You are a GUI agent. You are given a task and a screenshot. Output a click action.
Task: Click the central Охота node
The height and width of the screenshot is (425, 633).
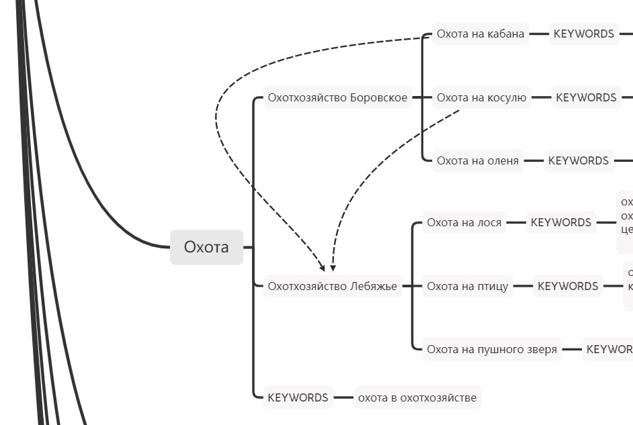click(x=206, y=247)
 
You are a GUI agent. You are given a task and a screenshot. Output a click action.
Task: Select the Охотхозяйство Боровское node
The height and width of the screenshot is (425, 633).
click(x=337, y=97)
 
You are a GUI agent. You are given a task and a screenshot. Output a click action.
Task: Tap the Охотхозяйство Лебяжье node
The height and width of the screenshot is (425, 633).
click(x=333, y=286)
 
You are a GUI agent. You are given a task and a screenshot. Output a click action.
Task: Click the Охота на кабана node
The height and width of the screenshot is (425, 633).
click(x=480, y=34)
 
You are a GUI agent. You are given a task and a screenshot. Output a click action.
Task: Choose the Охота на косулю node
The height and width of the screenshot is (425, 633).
click(x=481, y=97)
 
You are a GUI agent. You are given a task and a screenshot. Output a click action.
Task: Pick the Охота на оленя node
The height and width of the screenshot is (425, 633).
click(x=478, y=160)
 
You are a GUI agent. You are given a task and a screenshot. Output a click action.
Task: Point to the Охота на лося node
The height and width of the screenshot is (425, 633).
click(x=464, y=222)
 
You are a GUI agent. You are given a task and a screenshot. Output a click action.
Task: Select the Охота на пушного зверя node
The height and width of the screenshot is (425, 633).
click(x=492, y=349)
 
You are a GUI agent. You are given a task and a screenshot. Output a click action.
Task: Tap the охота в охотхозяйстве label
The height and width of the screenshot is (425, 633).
click(x=417, y=397)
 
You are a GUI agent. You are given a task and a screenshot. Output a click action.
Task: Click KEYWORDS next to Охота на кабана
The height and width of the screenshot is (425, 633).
click(x=583, y=34)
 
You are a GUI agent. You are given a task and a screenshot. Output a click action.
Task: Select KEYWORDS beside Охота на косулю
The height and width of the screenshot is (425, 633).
click(x=585, y=97)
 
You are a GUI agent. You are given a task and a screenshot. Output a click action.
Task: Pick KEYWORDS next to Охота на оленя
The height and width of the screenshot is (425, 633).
click(x=578, y=160)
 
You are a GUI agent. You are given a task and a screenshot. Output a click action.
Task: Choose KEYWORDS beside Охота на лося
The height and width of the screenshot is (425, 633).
click(x=560, y=222)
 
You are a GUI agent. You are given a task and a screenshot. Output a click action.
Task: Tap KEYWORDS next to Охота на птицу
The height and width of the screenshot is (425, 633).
click(x=567, y=286)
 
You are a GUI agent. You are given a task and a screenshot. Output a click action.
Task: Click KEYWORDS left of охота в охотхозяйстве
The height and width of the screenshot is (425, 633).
click(x=298, y=397)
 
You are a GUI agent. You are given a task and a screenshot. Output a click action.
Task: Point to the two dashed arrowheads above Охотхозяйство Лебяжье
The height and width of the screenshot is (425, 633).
click(x=327, y=267)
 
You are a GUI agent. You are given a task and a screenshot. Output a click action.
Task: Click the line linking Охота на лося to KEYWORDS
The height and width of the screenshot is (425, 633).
click(x=515, y=222)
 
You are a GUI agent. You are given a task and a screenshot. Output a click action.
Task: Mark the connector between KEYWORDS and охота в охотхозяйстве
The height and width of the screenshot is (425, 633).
click(x=343, y=397)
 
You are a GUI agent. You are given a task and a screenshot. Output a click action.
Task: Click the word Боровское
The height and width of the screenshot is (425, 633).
click(x=378, y=97)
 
